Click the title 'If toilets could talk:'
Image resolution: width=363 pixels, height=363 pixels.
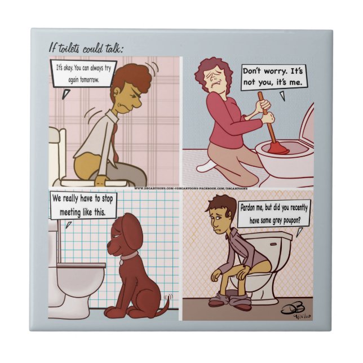click(85, 48)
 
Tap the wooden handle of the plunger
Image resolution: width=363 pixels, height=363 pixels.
click(265, 116)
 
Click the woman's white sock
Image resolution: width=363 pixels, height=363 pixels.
click(206, 165)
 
